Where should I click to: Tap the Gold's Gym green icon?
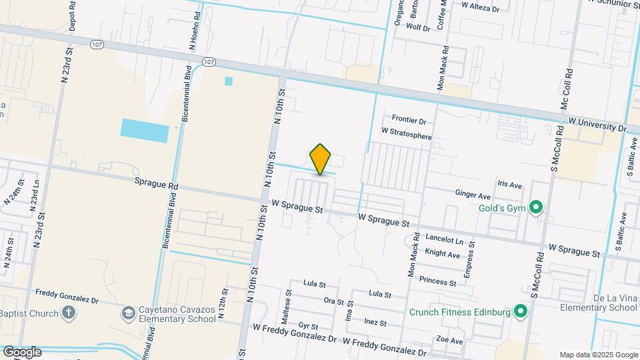[535, 208]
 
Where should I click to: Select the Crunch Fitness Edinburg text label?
[459, 312]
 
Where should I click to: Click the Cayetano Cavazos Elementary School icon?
[128, 313]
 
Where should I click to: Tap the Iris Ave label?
[509, 183]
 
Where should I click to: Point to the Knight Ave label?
[443, 254]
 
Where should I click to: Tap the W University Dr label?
[597, 126]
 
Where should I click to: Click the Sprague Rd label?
[156, 181]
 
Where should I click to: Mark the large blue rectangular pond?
[145, 129]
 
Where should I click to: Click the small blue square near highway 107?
[229, 81]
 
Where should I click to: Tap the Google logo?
[22, 351]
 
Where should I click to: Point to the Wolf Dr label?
[418, 28]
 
